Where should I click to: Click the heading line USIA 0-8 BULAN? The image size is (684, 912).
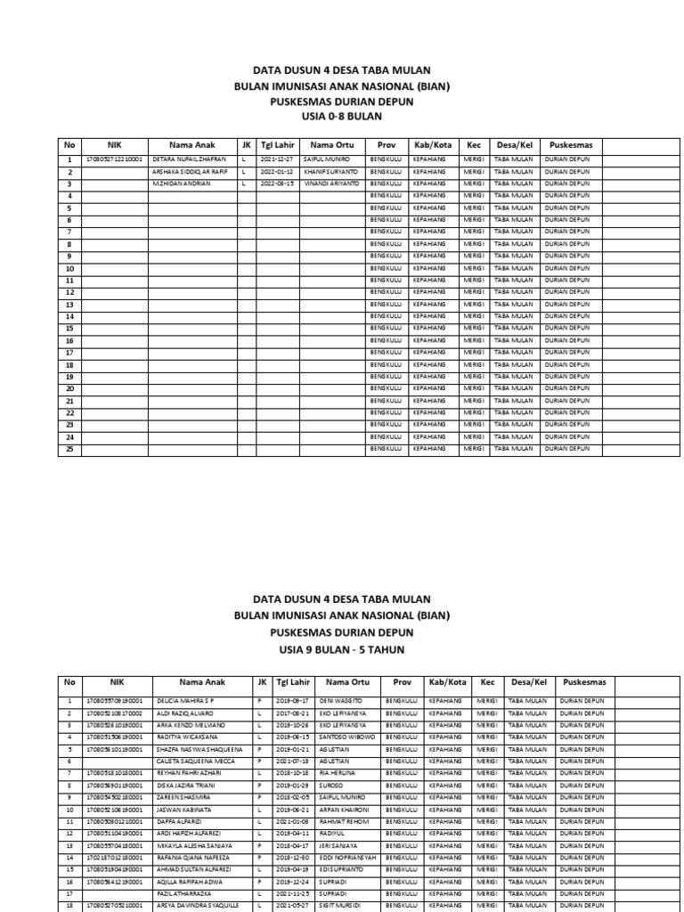(342, 116)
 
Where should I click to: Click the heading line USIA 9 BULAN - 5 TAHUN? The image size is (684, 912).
(342, 650)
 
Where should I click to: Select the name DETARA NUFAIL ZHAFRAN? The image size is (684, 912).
(190, 159)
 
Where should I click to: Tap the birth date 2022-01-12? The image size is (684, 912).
(276, 170)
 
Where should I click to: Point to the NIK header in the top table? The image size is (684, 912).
(114, 144)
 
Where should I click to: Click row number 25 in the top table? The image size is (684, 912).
(69, 450)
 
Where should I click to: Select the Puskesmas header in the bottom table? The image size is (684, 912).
(584, 682)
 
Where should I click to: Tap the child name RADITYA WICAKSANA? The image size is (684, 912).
(188, 738)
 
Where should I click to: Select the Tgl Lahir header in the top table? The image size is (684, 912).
(277, 144)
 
